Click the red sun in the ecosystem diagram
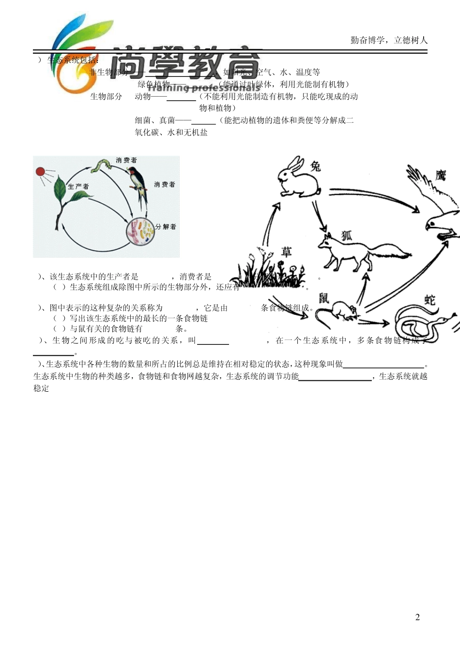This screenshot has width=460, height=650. click(41, 172)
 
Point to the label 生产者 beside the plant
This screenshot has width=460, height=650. click(78, 187)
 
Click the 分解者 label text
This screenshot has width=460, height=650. click(166, 226)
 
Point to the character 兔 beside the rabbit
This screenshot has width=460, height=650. click(315, 166)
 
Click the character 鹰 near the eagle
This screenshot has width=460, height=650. click(440, 175)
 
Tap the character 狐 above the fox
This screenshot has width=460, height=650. click(347, 236)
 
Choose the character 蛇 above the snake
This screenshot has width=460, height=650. click(430, 300)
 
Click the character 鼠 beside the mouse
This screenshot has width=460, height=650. click(323, 298)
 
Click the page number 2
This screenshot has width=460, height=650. click(417, 617)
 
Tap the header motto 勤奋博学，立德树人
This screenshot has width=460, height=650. click(389, 40)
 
